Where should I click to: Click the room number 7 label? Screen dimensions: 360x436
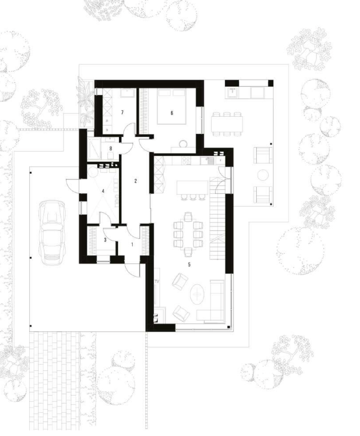point(122,112)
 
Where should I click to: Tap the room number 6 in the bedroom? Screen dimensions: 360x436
point(172,113)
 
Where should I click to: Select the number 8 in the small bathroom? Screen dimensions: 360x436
point(111,148)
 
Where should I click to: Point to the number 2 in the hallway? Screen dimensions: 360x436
point(136,181)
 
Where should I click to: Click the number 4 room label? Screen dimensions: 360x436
point(103,191)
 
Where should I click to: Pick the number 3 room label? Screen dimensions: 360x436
point(105,240)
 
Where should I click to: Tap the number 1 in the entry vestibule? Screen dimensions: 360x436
point(132,244)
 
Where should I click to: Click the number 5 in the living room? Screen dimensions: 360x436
point(189,265)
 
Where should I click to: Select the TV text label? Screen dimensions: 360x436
point(157,281)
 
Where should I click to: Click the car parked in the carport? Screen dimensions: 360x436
point(52,232)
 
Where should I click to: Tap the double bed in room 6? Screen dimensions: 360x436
point(172,106)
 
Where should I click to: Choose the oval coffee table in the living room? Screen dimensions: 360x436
point(197,294)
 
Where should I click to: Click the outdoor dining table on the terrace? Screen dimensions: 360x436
point(227,123)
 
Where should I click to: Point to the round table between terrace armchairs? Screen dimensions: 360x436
point(263,175)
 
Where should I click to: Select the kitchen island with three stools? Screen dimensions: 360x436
point(192,187)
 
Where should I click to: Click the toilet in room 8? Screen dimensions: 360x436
point(111,155)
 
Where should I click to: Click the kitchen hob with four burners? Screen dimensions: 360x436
point(186,161)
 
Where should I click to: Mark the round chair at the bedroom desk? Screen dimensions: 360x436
point(183,144)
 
